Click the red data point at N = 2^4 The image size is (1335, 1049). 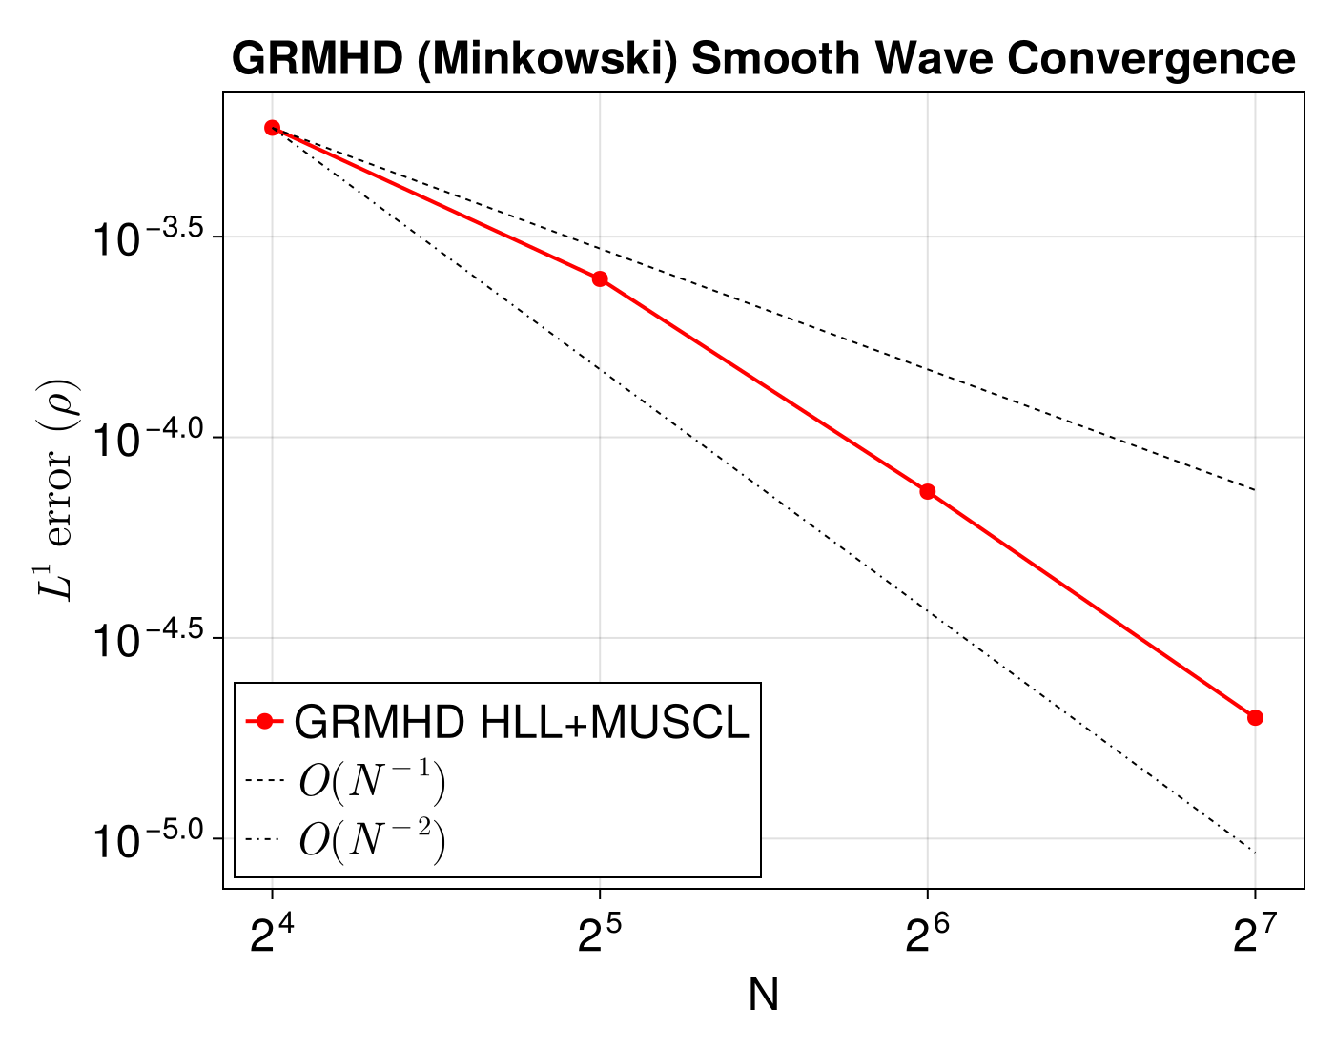[272, 128]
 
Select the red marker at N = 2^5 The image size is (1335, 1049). [600, 278]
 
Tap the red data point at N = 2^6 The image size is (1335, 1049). [927, 491]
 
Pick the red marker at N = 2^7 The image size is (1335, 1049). [1255, 717]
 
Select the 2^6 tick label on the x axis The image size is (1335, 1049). [926, 938]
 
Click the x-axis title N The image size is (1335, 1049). [764, 996]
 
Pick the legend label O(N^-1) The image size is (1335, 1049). [372, 782]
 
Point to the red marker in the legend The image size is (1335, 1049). [263, 722]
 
